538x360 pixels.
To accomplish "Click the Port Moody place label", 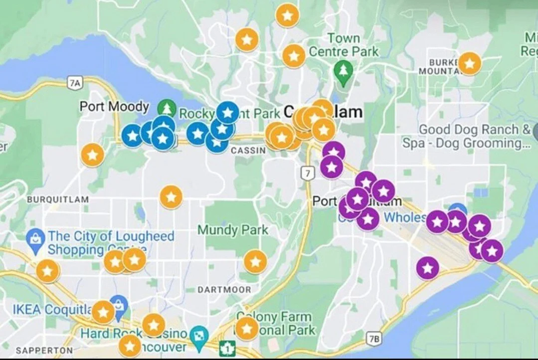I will click(114, 107).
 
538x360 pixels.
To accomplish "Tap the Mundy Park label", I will click(233, 230).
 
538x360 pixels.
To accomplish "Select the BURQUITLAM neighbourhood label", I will click(58, 199).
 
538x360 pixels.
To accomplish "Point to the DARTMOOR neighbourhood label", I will click(224, 290).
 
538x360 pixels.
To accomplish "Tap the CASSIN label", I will click(248, 151).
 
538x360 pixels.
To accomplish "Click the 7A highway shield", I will click(74, 82).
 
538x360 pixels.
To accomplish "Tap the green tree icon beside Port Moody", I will click(165, 107).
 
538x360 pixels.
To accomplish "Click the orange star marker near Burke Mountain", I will click(469, 63).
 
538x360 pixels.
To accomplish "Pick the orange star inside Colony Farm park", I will click(247, 329).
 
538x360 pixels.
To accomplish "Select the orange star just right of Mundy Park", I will click(255, 261).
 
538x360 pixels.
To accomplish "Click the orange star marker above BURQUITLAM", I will click(92, 155).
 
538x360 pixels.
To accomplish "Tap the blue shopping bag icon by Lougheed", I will click(36, 236).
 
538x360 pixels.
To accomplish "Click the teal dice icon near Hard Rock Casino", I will click(199, 334).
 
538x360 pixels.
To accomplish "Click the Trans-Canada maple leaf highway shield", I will click(227, 348).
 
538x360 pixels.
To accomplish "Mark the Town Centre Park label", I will click(344, 45).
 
